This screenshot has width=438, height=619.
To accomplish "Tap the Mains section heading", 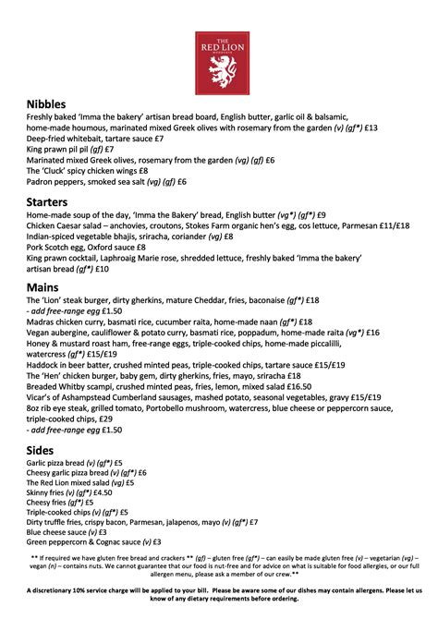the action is pyautogui.click(x=44, y=288).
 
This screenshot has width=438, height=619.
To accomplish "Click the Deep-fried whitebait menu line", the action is pyautogui.click(x=95, y=139).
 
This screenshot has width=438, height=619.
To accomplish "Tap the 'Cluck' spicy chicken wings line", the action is pyautogui.click(x=88, y=171).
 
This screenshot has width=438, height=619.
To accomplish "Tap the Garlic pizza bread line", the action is pyautogui.click(x=75, y=463).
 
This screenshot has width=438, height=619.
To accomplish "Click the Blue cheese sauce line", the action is pyautogui.click(x=67, y=532).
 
